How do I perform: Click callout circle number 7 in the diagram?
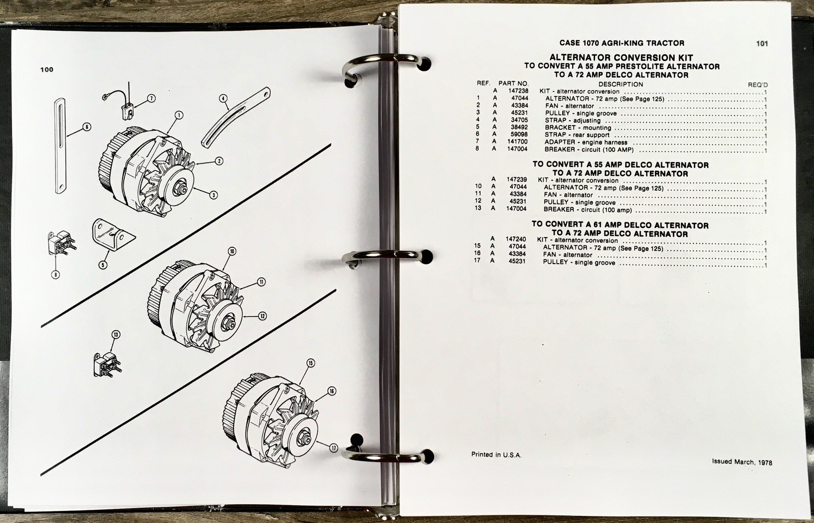point(151,98)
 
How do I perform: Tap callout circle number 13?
point(115,335)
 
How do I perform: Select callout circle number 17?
point(333,448)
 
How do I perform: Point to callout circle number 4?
point(223,98)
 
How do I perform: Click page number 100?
point(47,69)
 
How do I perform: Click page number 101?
point(762,44)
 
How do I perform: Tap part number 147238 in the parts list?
point(518,91)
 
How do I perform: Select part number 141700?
point(517,141)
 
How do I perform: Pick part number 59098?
point(519,134)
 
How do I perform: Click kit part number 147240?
point(516,239)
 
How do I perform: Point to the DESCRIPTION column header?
point(621,84)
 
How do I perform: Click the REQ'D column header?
point(758,84)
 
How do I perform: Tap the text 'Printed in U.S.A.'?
point(496,454)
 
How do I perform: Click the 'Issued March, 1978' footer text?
point(742,462)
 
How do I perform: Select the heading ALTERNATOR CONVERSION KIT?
point(621,57)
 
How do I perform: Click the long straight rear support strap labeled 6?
point(61,146)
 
